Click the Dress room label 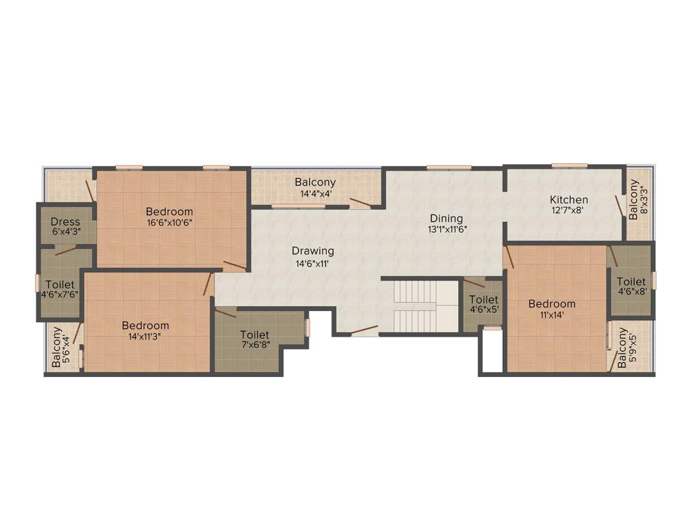pyautogui.click(x=65, y=221)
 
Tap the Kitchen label pyautogui.click(x=569, y=200)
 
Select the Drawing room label pyautogui.click(x=313, y=251)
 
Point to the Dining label pyautogui.click(x=447, y=219)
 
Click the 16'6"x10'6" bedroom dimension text pyautogui.click(x=170, y=223)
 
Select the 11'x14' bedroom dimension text pyautogui.click(x=551, y=314)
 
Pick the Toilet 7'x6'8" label pyautogui.click(x=254, y=335)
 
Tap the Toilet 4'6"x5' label pyautogui.click(x=484, y=299)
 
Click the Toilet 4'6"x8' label pyautogui.click(x=631, y=282)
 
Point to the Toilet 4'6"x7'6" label pyautogui.click(x=59, y=284)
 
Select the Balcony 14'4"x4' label pyautogui.click(x=315, y=182)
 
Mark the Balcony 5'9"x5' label pyautogui.click(x=623, y=349)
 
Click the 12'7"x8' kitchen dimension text pyautogui.click(x=569, y=210)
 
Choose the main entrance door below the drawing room pyautogui.click(x=364, y=330)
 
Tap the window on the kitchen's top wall pyautogui.click(x=569, y=165)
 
